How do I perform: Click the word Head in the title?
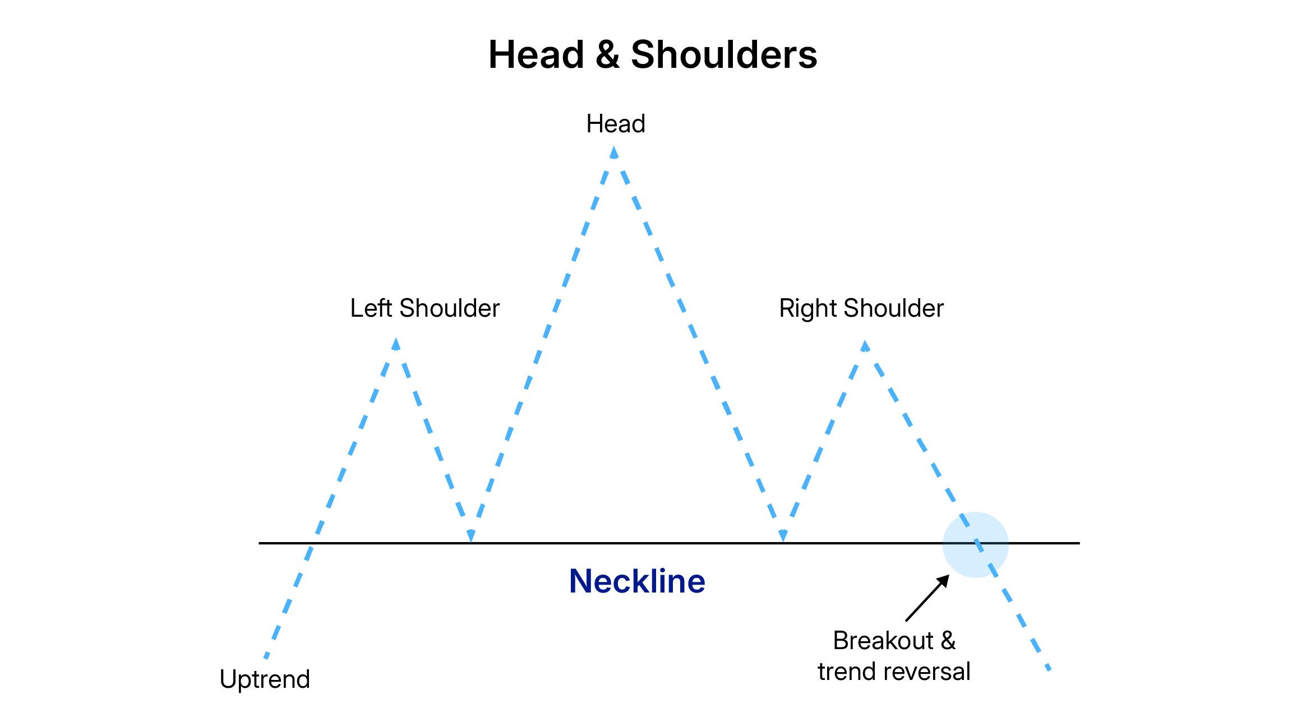[537, 55]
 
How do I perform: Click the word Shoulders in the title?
[723, 55]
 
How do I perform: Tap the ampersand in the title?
[607, 55]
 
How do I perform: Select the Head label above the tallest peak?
[615, 124]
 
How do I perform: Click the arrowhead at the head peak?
[614, 152]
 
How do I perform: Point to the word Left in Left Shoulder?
[371, 308]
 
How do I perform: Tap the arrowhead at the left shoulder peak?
[396, 344]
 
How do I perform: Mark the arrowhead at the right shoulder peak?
[865, 346]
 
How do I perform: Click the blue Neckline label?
[637, 581]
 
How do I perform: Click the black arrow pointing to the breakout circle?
[927, 598]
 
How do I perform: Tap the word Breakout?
[883, 641]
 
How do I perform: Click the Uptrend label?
[265, 679]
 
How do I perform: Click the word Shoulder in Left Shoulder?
[449, 308]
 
